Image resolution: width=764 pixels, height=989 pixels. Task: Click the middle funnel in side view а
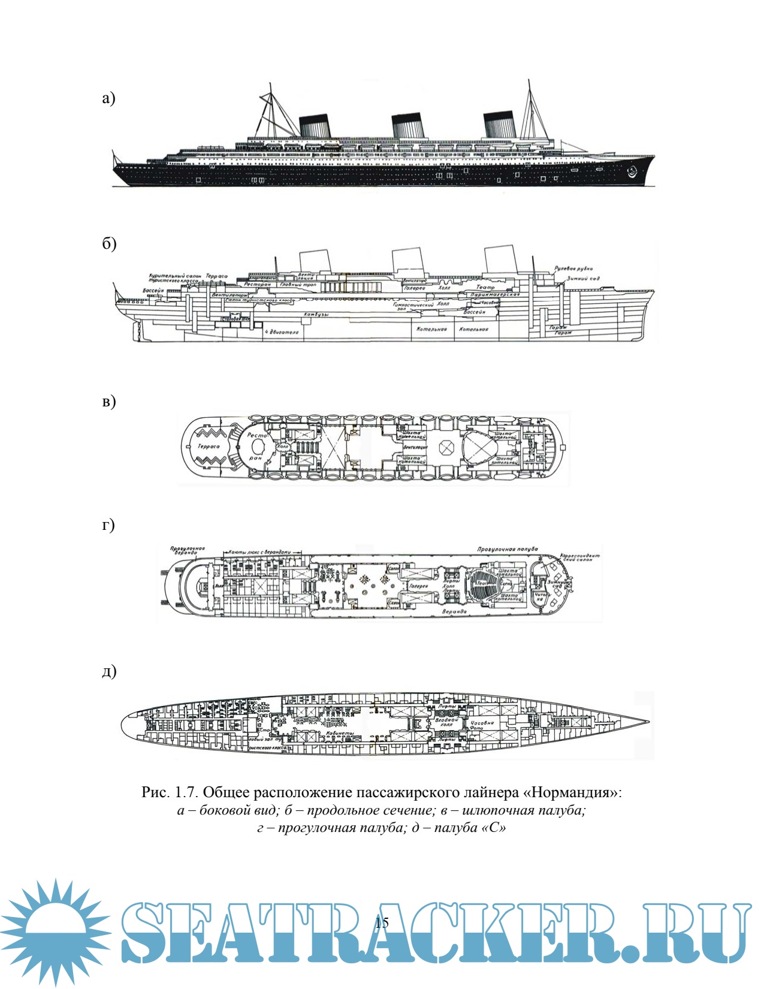click(407, 126)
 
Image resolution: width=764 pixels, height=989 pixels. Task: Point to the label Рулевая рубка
click(573, 269)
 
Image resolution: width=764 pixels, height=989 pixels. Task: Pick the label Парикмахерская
click(494, 295)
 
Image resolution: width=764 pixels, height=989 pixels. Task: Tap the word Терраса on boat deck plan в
click(208, 447)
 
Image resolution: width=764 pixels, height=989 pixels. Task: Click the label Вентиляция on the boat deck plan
click(415, 447)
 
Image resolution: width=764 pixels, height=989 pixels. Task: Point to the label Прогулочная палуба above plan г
click(507, 549)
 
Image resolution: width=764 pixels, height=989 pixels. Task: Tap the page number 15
click(382, 922)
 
